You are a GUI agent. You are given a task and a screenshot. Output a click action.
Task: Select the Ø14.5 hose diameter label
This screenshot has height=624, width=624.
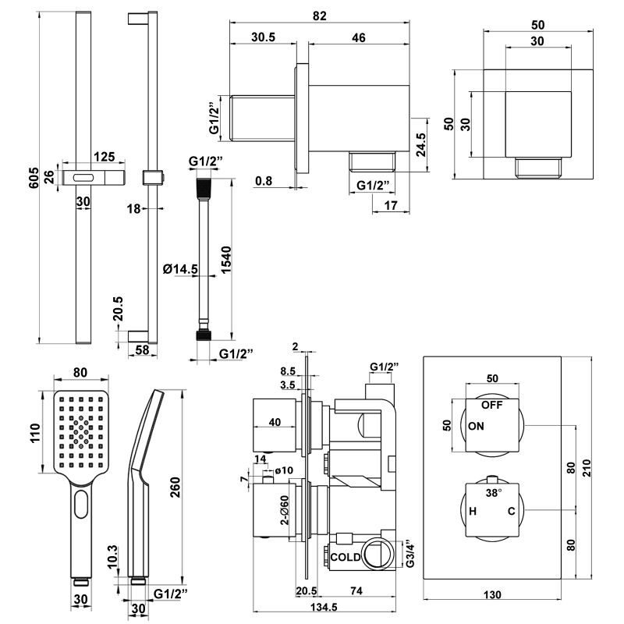(180, 269)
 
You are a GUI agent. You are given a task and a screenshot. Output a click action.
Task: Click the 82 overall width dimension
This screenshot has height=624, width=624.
(320, 15)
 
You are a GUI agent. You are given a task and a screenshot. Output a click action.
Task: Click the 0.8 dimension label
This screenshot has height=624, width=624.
(264, 181)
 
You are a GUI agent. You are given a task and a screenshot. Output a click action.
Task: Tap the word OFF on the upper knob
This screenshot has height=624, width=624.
(491, 406)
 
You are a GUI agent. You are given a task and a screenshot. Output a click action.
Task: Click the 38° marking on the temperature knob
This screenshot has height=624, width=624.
(494, 493)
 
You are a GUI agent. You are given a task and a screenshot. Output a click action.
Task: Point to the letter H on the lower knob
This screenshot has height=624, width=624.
(473, 512)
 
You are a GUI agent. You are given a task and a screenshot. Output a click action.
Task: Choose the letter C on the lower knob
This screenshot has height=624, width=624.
(512, 512)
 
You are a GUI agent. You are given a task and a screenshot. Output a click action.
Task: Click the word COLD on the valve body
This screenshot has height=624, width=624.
(345, 557)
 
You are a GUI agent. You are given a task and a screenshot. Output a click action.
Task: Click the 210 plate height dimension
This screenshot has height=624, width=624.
(595, 468)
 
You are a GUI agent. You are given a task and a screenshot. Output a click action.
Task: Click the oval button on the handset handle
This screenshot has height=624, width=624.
(81, 509)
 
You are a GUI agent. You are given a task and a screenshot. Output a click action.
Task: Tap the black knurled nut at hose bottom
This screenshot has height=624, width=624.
(203, 336)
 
